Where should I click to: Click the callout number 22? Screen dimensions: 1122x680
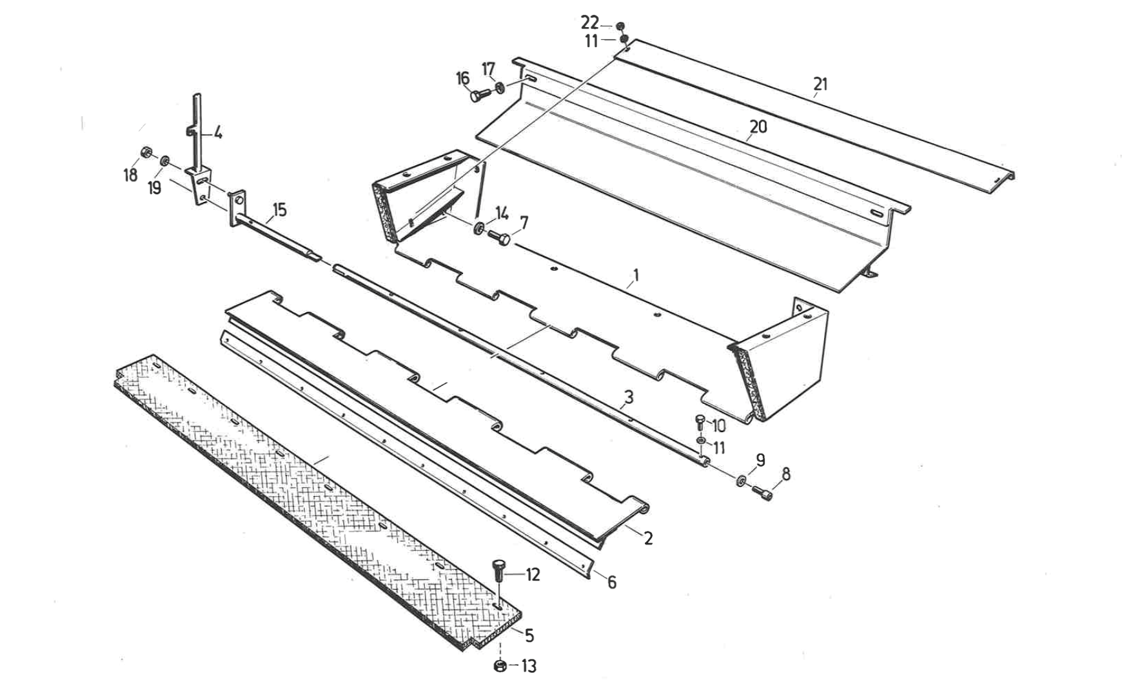[x=589, y=23]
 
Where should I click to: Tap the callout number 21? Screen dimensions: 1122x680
[x=820, y=84]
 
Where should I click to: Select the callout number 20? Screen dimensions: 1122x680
[x=758, y=126]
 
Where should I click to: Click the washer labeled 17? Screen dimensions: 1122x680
[x=501, y=87]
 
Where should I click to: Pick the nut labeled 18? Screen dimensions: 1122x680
[x=146, y=152]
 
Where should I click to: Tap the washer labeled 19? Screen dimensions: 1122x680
[x=166, y=159]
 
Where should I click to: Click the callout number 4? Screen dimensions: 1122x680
[x=218, y=134]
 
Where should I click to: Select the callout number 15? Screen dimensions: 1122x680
[x=279, y=210]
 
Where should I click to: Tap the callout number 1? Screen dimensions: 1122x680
[x=636, y=275]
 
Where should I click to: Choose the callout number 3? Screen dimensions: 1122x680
[x=629, y=397]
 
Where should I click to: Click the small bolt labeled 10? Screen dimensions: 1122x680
[x=700, y=423]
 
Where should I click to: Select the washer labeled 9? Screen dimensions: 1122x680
[x=740, y=480]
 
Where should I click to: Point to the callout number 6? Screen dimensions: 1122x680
[x=611, y=583]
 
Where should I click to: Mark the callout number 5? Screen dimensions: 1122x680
[x=529, y=636]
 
